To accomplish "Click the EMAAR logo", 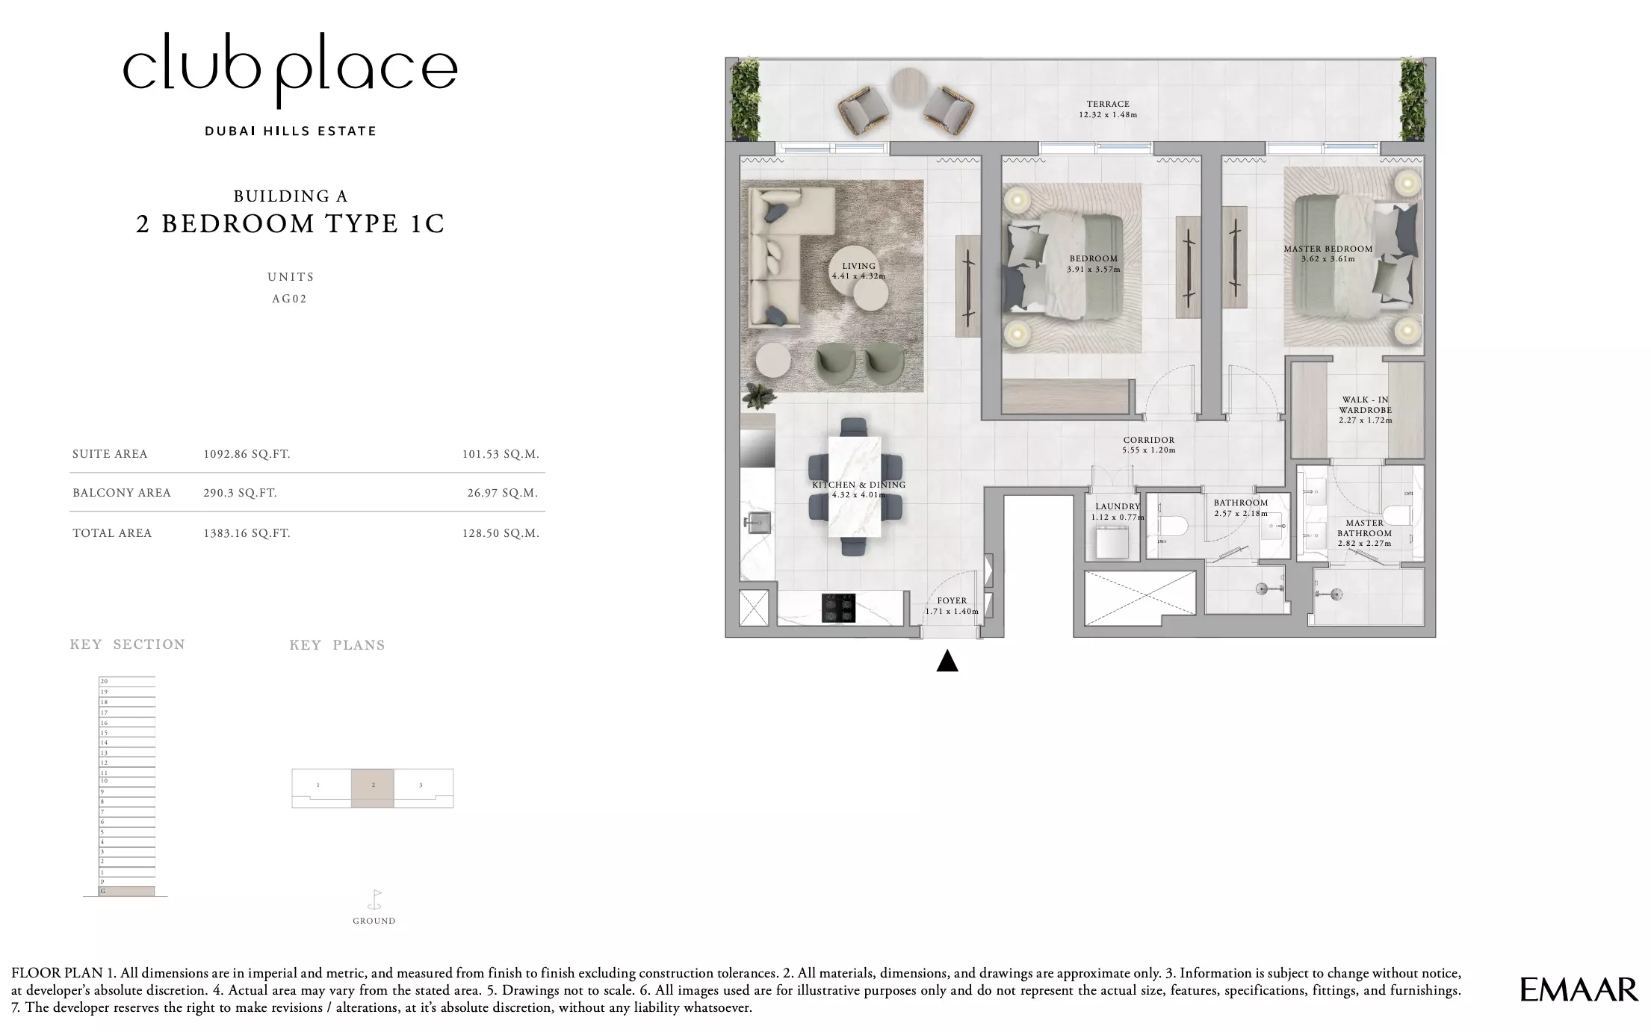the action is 1579,989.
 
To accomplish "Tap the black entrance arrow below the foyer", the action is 947,661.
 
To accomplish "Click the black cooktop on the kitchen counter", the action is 838,608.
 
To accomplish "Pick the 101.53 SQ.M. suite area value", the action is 501,454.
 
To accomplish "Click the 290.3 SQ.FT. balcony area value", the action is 240,493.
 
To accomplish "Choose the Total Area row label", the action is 112,533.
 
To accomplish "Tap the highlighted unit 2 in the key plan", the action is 373,788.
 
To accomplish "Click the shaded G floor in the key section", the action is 127,892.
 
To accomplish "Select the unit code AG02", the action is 290,299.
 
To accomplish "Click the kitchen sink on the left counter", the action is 756,523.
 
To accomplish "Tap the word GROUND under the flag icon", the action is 374,921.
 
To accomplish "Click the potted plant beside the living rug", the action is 759,396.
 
